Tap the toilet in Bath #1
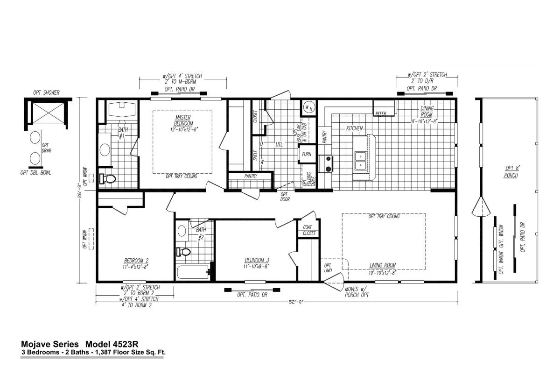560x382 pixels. pos(109,178)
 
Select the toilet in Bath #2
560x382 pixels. pos(184,252)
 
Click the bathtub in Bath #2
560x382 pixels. pos(192,272)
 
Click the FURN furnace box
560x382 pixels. pos(307,154)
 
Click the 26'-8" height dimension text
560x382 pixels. pos(82,190)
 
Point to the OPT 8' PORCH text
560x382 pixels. pos(511,172)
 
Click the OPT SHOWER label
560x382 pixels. pos(46,93)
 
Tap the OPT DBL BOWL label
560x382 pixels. pos(35,173)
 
